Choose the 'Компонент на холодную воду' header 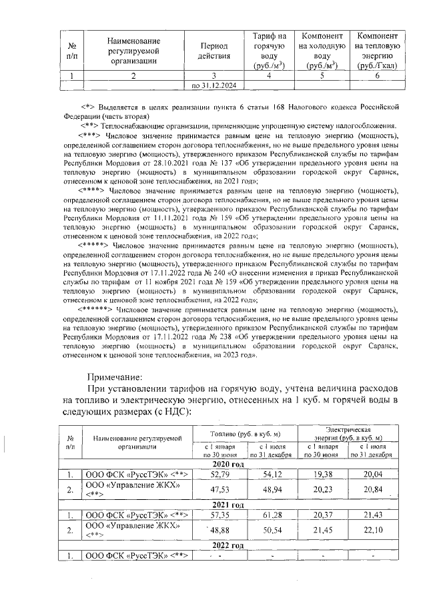point(322,50)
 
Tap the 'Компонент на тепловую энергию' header point(378,50)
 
